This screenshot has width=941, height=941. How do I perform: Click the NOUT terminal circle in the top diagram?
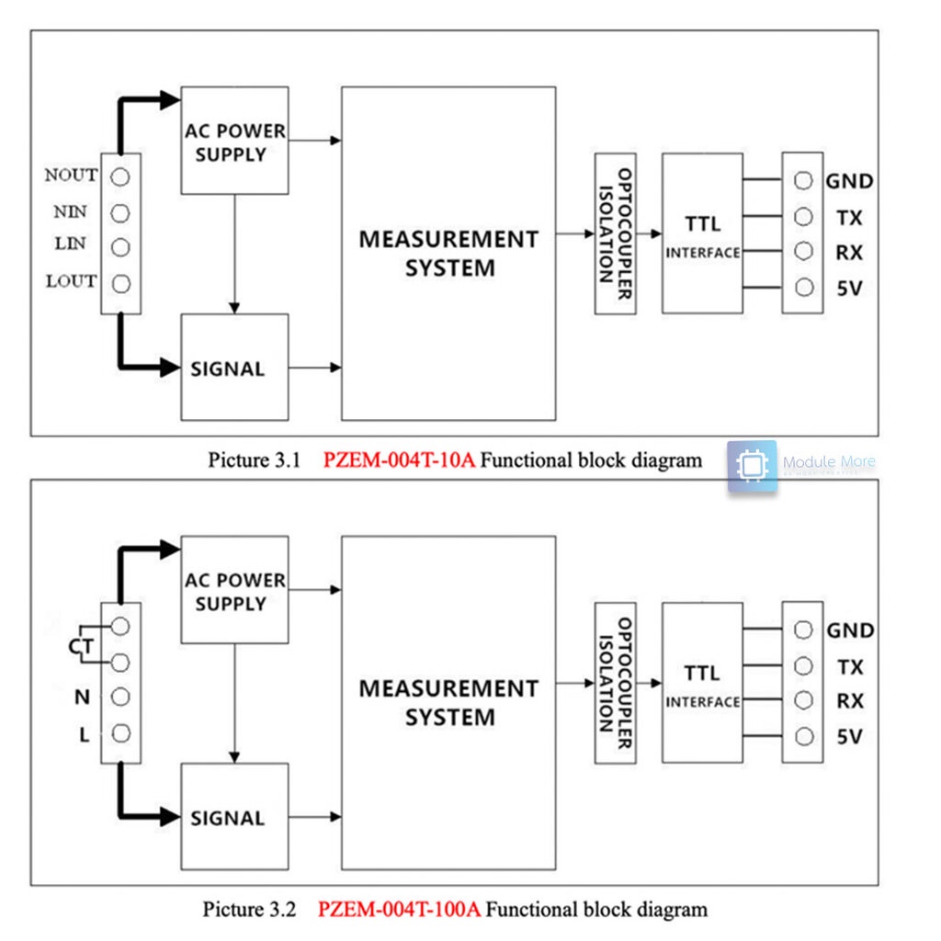coord(119,176)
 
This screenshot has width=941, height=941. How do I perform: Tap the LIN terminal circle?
coord(119,247)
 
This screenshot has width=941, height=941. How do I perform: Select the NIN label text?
coord(70,212)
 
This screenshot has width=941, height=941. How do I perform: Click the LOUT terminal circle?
coord(119,282)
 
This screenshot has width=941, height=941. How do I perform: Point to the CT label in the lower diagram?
coord(81,648)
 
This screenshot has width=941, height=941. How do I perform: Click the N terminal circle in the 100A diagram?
coord(119,697)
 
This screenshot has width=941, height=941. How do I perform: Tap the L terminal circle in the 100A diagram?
coord(119,733)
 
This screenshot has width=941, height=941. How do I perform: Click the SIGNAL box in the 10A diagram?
coord(234,368)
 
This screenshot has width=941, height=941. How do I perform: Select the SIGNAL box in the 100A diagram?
coord(234,817)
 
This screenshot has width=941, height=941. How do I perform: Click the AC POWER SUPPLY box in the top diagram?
coord(234,141)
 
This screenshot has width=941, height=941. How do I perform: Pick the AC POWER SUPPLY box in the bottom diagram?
coord(234,590)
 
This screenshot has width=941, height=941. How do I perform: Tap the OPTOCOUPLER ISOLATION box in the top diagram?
coord(615,233)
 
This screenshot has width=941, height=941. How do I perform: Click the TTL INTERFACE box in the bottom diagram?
coord(702,683)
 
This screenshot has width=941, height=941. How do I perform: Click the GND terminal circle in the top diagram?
coord(804,181)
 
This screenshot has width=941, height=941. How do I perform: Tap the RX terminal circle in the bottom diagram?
coord(804,701)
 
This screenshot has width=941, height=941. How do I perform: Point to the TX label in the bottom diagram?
coord(849,666)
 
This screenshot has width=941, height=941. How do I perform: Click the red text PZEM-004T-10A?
coord(399,460)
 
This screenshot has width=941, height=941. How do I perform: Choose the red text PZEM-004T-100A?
coord(399,910)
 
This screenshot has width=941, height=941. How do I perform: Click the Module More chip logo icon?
coord(752,466)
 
